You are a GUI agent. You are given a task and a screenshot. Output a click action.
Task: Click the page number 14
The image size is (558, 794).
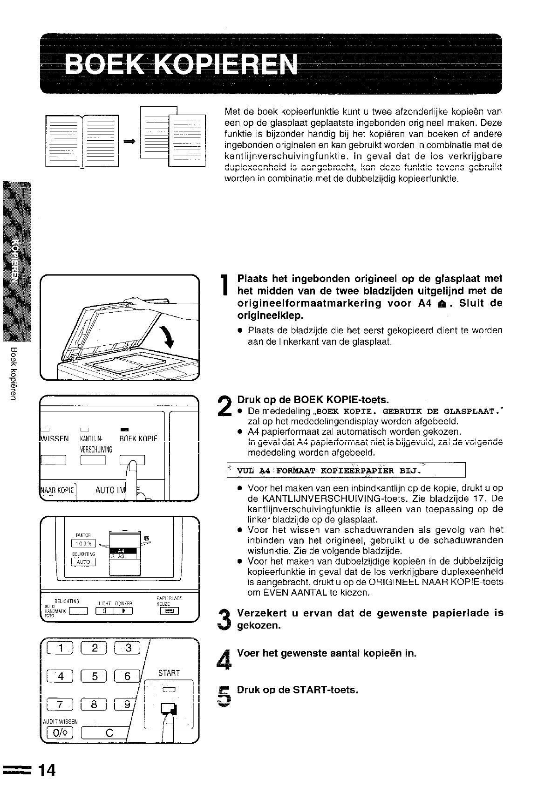[x=47, y=770]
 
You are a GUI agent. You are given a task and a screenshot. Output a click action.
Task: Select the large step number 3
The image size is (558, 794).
[x=224, y=619]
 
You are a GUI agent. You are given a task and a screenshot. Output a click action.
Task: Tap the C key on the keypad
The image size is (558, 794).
[x=109, y=733]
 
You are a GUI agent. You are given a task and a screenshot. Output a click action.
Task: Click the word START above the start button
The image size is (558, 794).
[x=169, y=673]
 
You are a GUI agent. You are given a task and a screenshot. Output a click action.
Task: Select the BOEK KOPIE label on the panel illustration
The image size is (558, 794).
[x=138, y=438]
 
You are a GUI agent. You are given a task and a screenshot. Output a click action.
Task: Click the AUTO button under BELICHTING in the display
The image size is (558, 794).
[x=83, y=562]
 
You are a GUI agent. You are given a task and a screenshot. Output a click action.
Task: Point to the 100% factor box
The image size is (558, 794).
[x=83, y=544]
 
